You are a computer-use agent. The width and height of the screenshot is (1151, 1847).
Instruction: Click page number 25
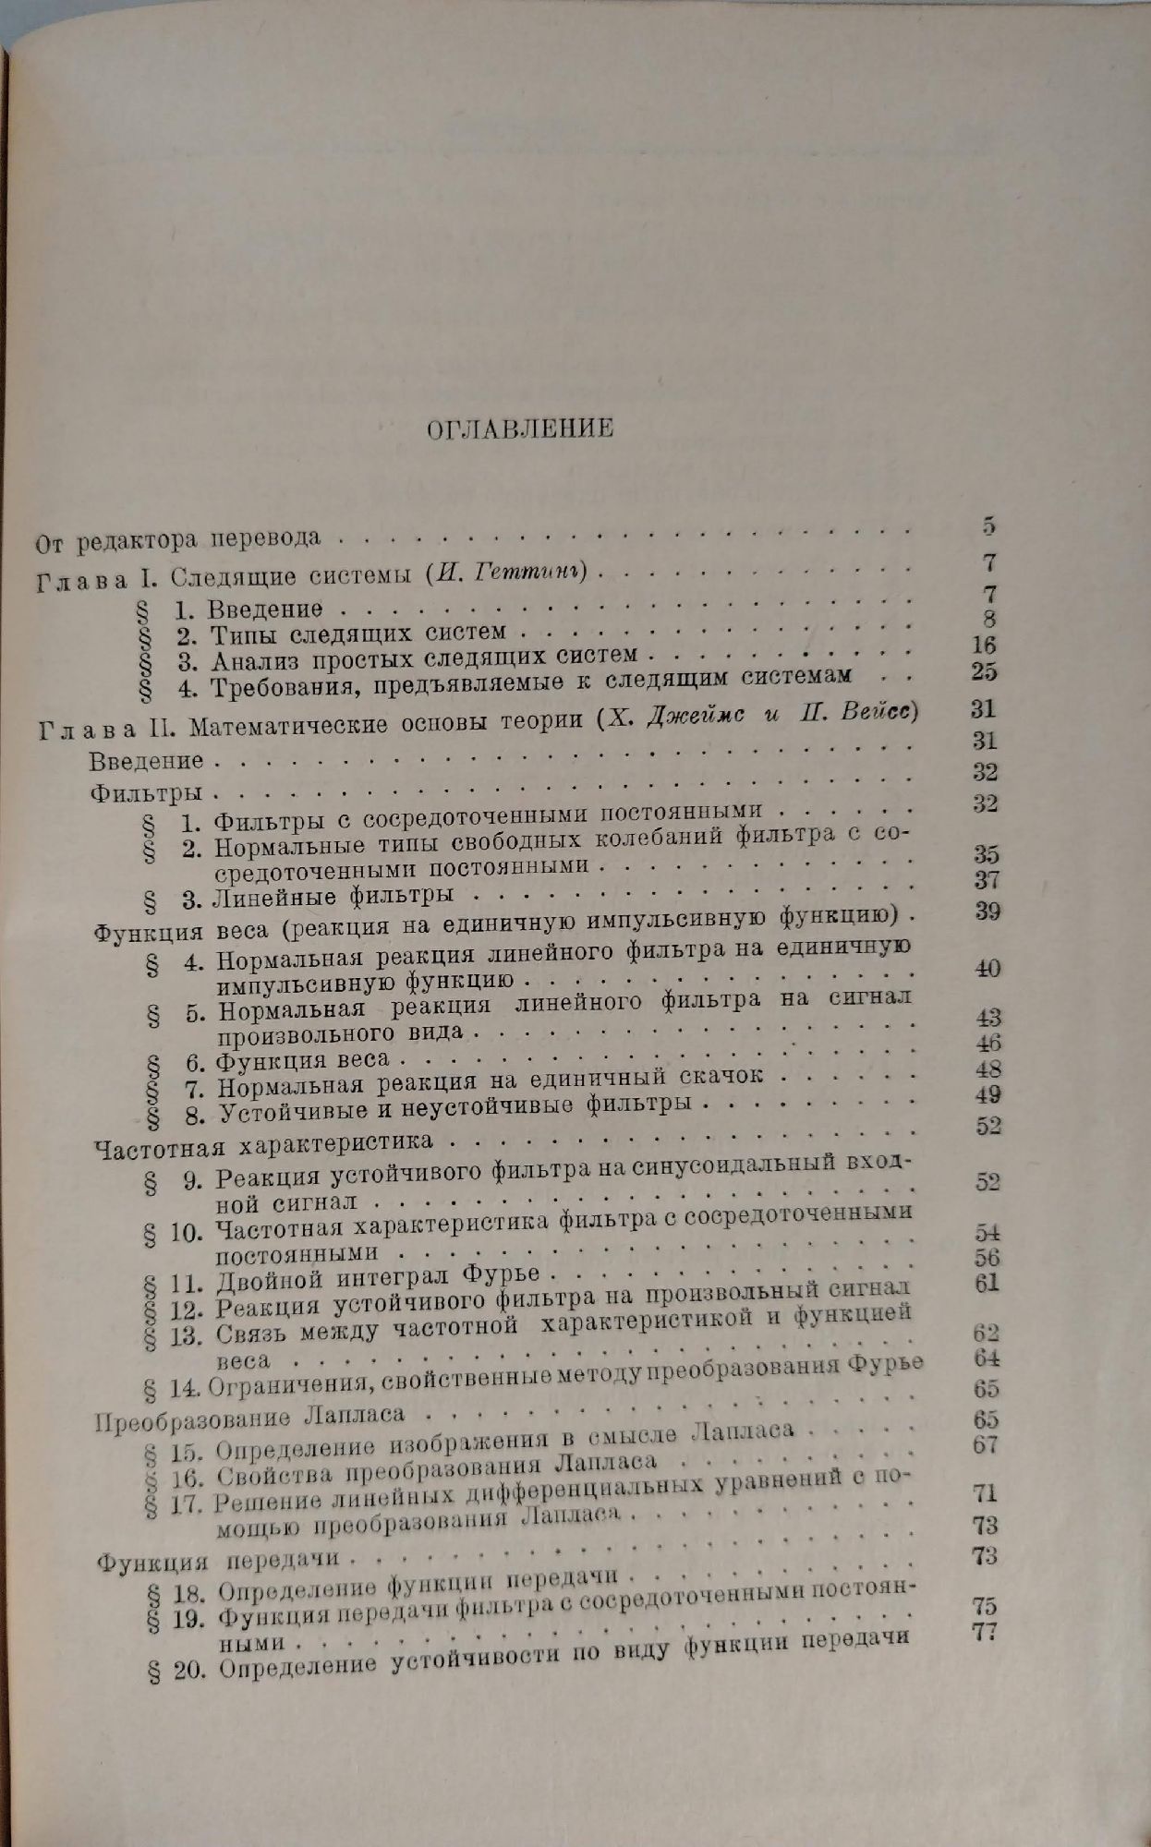[x=984, y=670]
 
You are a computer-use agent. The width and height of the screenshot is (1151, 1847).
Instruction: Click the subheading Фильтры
[x=147, y=792]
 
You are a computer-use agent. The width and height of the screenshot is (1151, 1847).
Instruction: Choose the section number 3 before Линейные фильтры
[x=194, y=897]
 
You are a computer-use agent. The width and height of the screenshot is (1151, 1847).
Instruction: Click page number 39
[x=987, y=911]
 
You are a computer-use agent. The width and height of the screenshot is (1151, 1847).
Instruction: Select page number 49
[x=987, y=1096]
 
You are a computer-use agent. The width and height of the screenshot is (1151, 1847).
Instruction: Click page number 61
[x=987, y=1283]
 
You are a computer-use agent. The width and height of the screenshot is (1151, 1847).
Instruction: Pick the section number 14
[x=186, y=1387]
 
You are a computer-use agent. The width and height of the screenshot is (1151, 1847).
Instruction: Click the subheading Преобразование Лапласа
[x=249, y=1417]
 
